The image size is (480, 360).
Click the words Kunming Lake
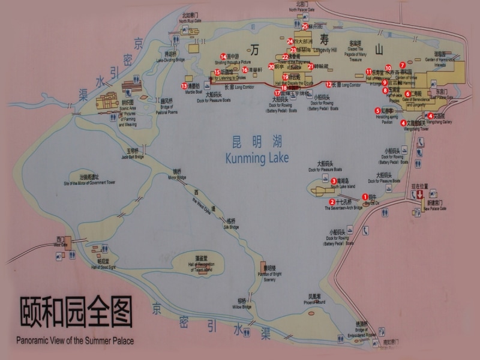(257, 158)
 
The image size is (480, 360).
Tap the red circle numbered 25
(305, 26)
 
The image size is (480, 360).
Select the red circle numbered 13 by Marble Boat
(184, 86)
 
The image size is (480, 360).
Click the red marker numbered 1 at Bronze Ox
(365, 196)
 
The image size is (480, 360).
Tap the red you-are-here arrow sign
(420, 194)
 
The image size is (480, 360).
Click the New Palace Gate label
(434, 209)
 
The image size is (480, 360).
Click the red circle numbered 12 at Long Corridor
(328, 85)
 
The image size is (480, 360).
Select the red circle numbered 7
(403, 64)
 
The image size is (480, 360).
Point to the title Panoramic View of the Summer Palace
(75, 341)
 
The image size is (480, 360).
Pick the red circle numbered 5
(378, 110)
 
